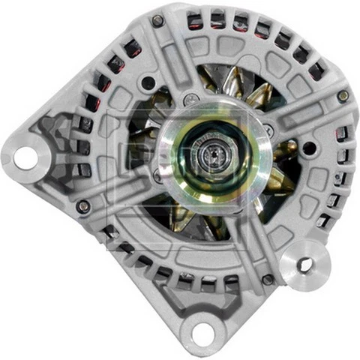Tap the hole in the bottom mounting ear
(x=202, y=330)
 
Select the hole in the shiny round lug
(x=304, y=264)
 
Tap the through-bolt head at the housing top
(x=157, y=21)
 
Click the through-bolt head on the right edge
(x=342, y=96)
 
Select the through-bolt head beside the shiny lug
(x=268, y=280)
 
